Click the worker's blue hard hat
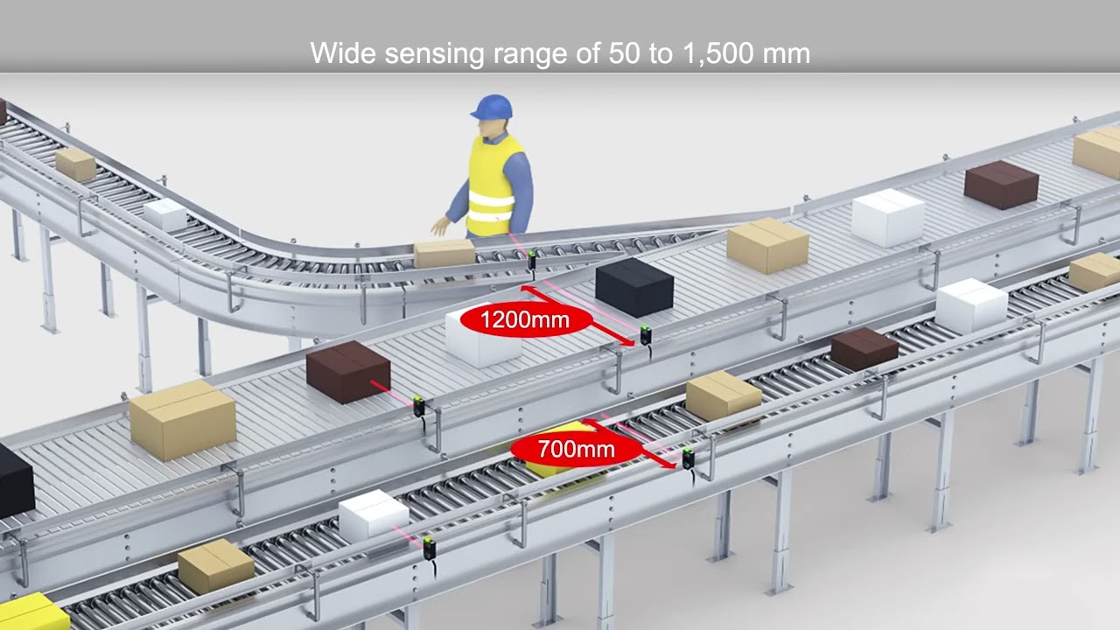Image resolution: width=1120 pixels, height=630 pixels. [492, 107]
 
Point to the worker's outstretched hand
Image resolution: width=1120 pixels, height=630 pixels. [440, 226]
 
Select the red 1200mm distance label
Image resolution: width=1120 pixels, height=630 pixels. [525, 319]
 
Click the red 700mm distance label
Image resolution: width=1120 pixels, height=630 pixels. [576, 449]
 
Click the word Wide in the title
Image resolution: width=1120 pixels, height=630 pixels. [342, 52]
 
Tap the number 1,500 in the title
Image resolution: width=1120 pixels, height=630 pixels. [717, 53]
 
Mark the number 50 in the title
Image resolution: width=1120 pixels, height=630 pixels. [624, 53]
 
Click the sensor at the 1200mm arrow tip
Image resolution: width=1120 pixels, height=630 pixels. [646, 335]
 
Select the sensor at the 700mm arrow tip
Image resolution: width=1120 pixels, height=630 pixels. [688, 458]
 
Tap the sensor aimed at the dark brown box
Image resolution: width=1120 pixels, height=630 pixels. [419, 405]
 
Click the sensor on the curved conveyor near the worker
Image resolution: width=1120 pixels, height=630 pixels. [531, 261]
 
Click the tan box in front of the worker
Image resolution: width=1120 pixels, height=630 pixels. [444, 253]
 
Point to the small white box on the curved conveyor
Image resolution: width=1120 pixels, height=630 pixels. [165, 214]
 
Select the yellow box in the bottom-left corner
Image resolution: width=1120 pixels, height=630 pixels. [32, 612]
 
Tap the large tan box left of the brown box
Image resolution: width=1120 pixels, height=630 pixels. [183, 420]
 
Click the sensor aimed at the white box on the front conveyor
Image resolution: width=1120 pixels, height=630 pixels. [429, 548]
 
